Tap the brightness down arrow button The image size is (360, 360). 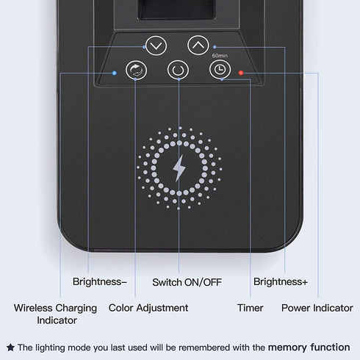(156, 46)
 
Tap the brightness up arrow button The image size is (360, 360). (198, 46)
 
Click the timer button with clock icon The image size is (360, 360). (220, 70)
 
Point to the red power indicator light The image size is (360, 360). (241, 73)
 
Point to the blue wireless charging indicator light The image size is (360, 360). (114, 73)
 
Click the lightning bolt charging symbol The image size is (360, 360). (179, 168)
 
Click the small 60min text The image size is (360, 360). (220, 56)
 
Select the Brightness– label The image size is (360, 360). (100, 281)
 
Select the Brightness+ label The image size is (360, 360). (281, 281)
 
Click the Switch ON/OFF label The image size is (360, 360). (187, 282)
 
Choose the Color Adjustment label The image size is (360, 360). (148, 308)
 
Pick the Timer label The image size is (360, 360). (251, 308)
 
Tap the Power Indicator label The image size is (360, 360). (317, 308)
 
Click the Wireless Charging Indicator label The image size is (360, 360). (55, 314)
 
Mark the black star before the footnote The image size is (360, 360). (10, 348)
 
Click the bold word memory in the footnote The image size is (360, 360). (287, 348)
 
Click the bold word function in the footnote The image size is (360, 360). (330, 348)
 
